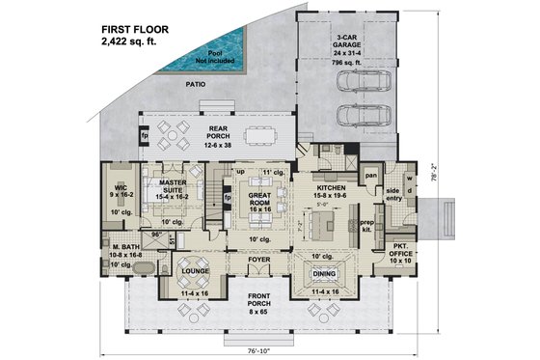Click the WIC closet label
[121, 188]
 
